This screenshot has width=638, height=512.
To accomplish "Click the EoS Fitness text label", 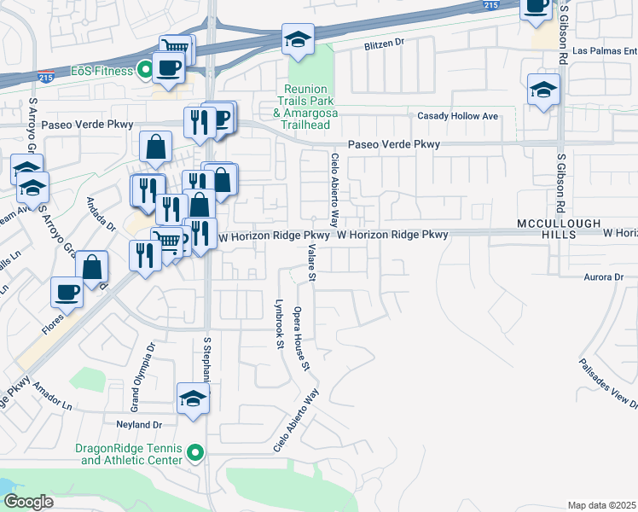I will point(102,71).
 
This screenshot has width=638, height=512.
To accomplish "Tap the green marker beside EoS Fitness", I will point(146,71).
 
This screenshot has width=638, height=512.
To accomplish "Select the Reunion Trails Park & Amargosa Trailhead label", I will point(311,108).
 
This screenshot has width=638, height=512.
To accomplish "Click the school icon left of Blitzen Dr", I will point(298,40).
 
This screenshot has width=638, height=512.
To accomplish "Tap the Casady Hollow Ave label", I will point(456,116).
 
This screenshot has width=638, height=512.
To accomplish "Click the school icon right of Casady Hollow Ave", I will point(543,90).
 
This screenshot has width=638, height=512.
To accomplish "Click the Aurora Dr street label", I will point(605,277).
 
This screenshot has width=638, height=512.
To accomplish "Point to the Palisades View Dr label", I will point(609,380).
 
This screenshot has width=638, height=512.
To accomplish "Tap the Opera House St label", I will point(300,340).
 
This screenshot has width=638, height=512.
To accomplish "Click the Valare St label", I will point(312,262).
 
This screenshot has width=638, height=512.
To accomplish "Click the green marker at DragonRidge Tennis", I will point(196,453).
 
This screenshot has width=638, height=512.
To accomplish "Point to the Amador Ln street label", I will point(53,399).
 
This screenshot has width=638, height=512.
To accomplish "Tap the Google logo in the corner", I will point(29,502).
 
